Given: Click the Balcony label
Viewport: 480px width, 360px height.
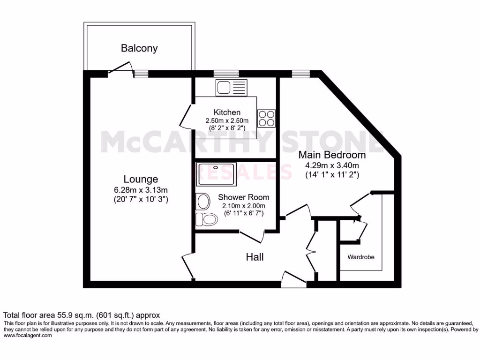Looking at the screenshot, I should [139, 48].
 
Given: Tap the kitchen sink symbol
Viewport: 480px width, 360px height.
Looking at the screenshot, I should [231, 87].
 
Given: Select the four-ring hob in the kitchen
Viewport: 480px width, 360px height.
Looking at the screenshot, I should [266, 118].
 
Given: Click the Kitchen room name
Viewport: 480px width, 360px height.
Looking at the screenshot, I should [227, 112].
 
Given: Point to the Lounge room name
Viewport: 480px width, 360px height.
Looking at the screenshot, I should [141, 179].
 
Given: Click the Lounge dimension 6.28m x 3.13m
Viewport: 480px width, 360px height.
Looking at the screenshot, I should [141, 190].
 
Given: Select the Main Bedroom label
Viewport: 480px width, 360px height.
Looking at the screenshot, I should [332, 155].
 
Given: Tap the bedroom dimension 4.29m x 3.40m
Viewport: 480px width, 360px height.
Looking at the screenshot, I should [332, 165].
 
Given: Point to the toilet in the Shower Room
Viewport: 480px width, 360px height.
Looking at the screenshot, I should [207, 218].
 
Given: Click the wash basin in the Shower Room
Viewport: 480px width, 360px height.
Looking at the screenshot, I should [203, 202].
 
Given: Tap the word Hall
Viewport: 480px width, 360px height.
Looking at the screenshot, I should [255, 257].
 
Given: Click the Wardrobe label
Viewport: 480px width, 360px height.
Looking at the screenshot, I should [361, 257].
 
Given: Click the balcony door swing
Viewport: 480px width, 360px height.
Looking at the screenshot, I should [120, 67].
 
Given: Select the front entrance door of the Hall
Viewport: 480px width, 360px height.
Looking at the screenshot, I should [293, 279].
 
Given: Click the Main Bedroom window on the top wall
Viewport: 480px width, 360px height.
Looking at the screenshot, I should [298, 74].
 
